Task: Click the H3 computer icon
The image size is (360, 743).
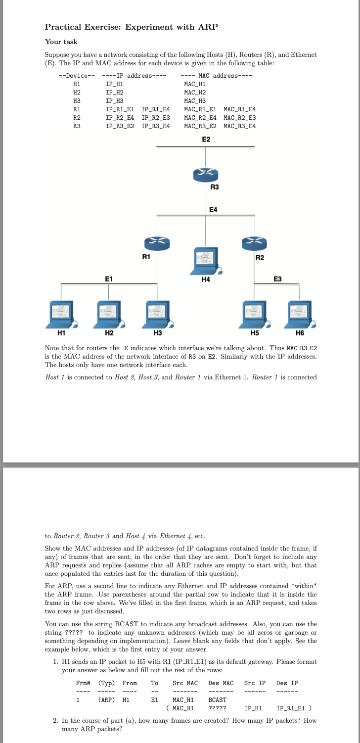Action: (157, 314)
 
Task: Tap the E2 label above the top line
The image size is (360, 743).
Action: (206, 139)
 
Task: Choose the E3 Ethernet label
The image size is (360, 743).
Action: (278, 279)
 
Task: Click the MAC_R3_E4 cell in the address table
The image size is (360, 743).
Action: (239, 126)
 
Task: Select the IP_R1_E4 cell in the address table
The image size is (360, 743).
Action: (155, 109)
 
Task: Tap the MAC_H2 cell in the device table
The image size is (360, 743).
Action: (194, 92)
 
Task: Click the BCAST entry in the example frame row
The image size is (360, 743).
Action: (218, 699)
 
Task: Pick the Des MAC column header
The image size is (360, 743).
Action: (221, 683)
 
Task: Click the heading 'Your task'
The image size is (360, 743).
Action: (61, 42)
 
